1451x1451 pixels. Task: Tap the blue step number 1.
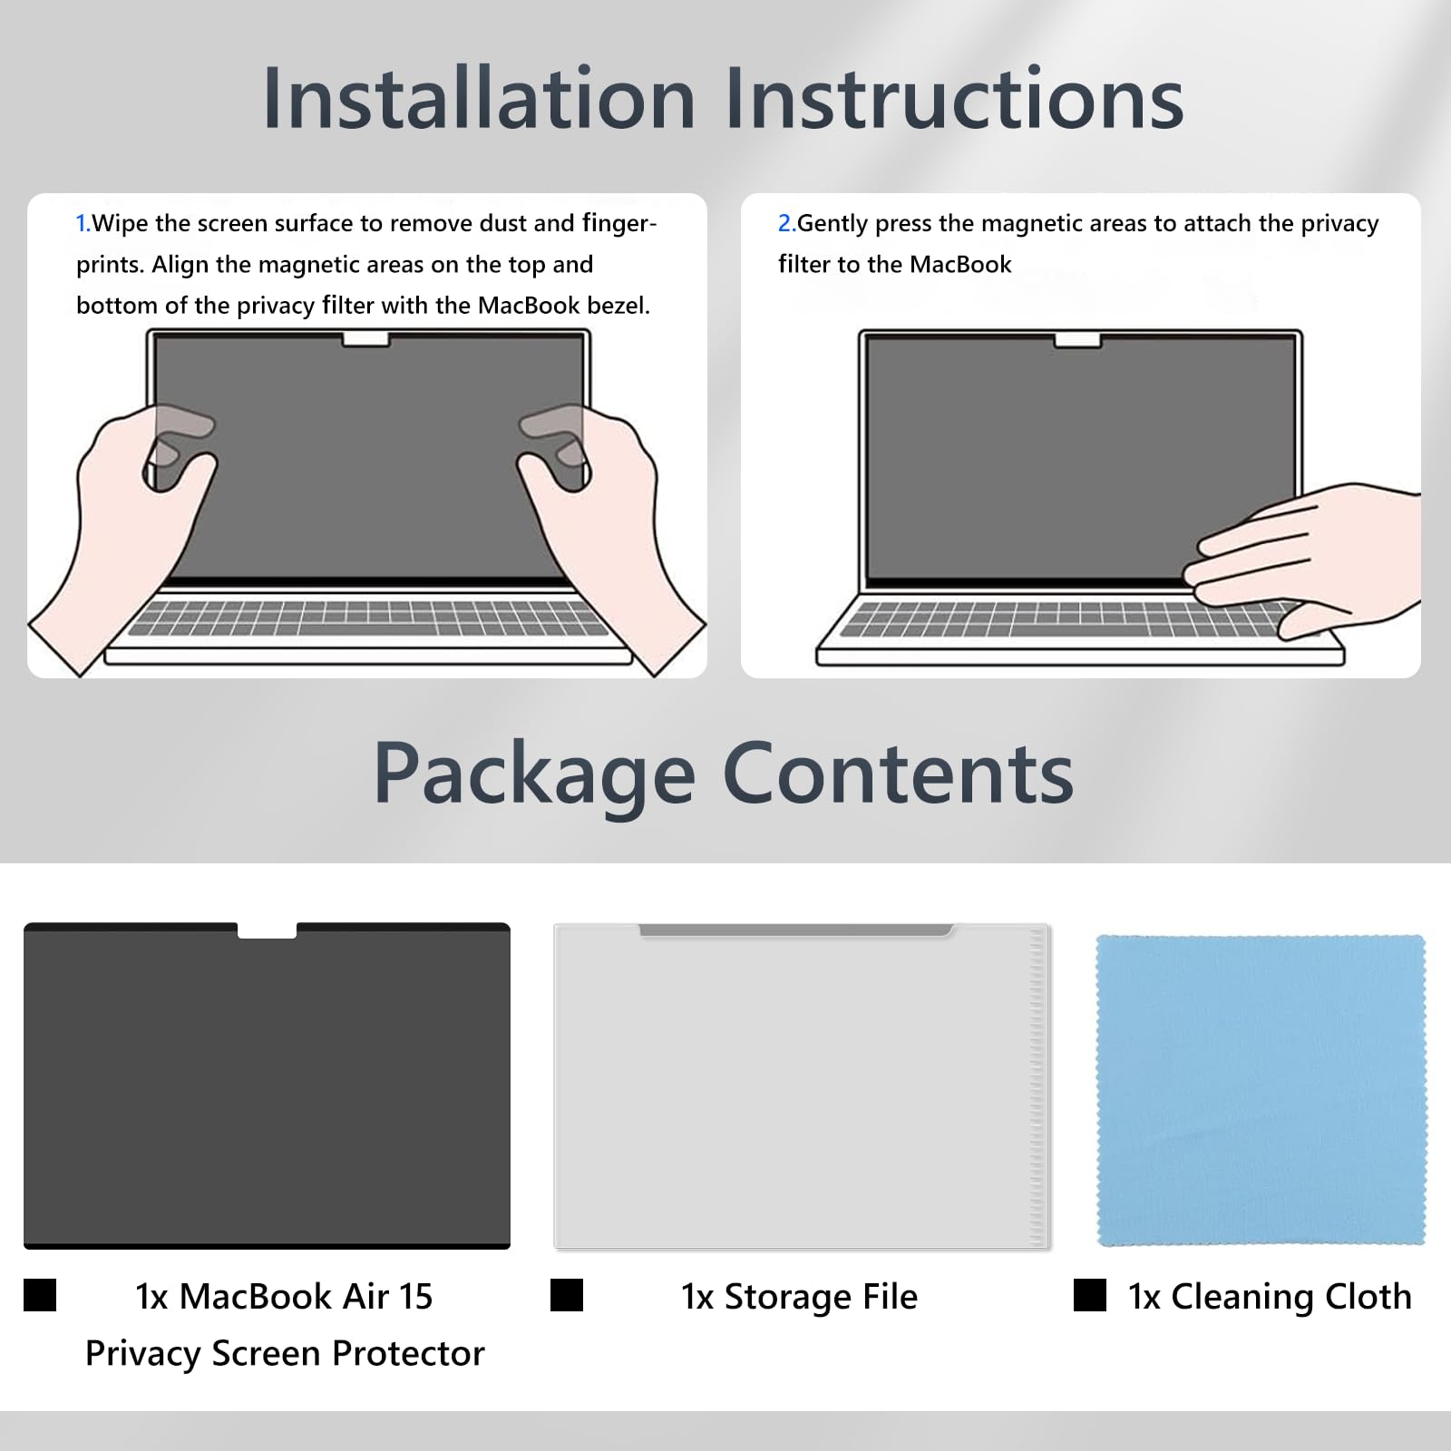click(82, 223)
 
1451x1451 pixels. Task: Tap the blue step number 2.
click(785, 223)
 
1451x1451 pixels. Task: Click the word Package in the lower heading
click(534, 776)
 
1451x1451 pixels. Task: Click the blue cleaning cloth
click(1261, 1090)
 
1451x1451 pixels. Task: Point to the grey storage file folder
click(802, 1086)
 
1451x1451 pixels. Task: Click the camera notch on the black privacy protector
click(267, 930)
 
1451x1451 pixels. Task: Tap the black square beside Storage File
click(567, 1295)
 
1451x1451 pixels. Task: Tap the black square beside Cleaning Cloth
click(1089, 1295)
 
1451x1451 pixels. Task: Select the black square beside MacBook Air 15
click(40, 1295)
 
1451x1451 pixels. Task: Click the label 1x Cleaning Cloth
click(1270, 1297)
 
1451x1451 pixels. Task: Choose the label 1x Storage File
click(799, 1297)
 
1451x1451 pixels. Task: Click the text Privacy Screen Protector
click(285, 1354)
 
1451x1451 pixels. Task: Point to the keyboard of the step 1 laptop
click(367, 617)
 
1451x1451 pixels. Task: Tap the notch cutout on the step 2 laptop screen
click(1077, 340)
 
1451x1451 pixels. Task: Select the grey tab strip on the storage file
click(796, 930)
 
